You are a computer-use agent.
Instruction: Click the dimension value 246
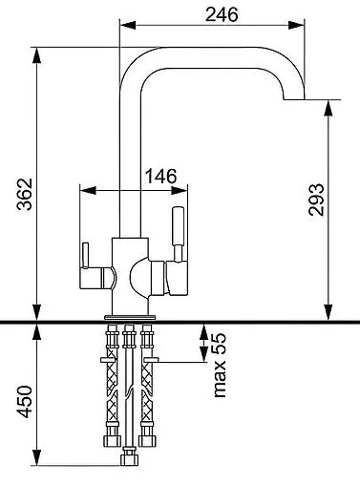(x=222, y=14)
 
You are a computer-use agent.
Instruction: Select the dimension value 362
(x=25, y=194)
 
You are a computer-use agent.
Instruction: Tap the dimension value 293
(x=316, y=200)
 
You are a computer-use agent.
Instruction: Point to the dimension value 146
(x=160, y=176)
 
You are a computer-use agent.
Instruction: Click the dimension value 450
(x=25, y=402)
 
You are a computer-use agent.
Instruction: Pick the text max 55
(x=220, y=365)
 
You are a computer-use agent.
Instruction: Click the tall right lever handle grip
(x=178, y=226)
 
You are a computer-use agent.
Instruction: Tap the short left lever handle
(x=85, y=256)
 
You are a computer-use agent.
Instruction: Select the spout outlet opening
(x=294, y=99)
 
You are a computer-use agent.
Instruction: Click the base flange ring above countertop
(x=130, y=317)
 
